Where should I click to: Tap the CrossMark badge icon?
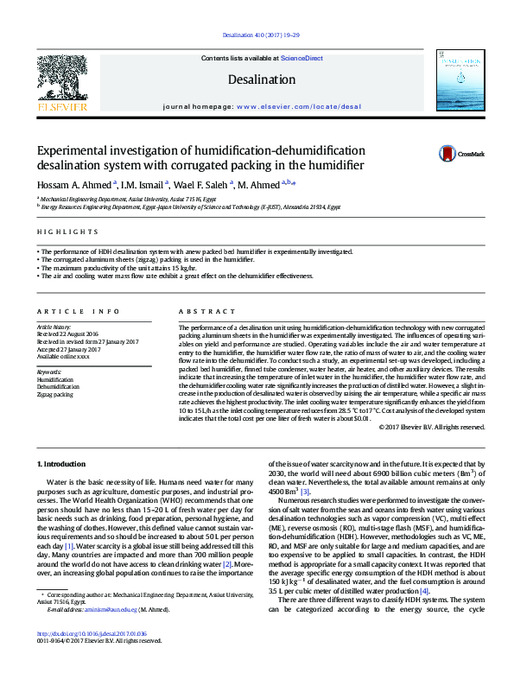[447, 154]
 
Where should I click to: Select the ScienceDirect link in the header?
[301, 58]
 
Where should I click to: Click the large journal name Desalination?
[261, 79]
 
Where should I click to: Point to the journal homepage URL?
[298, 107]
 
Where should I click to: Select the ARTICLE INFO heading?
[79, 311]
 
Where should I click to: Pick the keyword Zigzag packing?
[55, 393]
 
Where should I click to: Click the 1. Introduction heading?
[65, 464]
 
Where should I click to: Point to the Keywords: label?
[49, 372]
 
